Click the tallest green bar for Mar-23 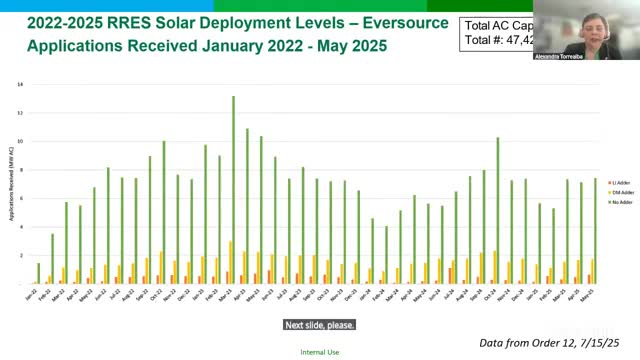click(x=234, y=190)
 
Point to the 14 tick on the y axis click(x=19, y=84)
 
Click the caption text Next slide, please click(x=319, y=325)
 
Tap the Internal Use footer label click(x=319, y=352)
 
